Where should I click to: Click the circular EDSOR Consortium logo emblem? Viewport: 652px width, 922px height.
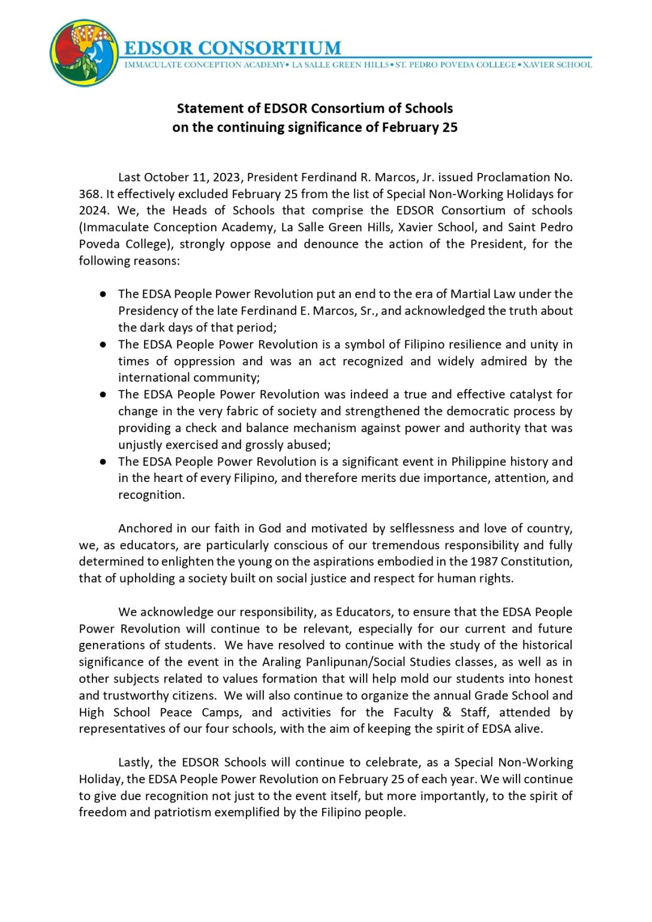[84, 53]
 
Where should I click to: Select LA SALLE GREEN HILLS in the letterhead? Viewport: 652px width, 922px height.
[340, 65]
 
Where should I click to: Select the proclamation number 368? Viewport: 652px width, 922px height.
[89, 194]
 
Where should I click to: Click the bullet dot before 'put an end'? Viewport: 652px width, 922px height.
[103, 294]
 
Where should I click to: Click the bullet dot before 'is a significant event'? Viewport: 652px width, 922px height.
[103, 462]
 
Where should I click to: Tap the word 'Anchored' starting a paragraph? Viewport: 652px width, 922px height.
[144, 528]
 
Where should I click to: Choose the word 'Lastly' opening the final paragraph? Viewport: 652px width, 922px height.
[136, 762]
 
